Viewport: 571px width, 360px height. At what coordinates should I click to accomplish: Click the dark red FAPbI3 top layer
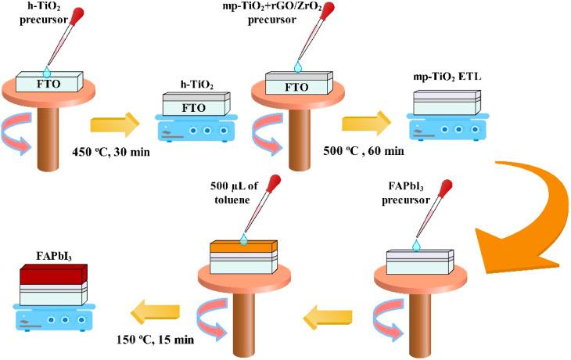coord(53,275)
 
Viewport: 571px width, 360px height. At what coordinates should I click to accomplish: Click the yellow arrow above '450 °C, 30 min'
coord(113,124)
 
